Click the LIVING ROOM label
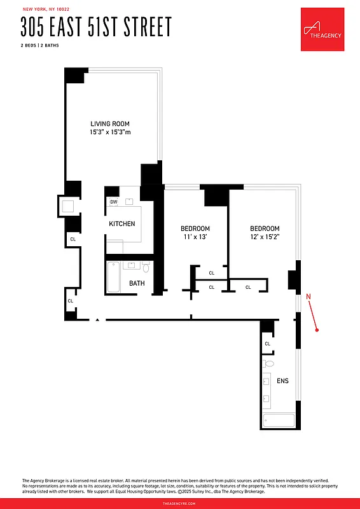(x=110, y=123)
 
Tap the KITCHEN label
(x=121, y=224)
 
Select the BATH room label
(x=137, y=283)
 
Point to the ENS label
(x=282, y=381)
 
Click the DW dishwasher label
(x=114, y=202)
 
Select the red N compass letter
(x=308, y=296)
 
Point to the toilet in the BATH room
(x=146, y=268)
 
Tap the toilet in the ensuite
(x=268, y=365)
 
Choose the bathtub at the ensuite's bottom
(x=279, y=421)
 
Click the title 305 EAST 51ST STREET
(x=96, y=27)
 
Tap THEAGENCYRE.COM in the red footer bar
(x=180, y=503)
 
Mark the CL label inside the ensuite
(x=267, y=344)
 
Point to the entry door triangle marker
(x=97, y=321)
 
